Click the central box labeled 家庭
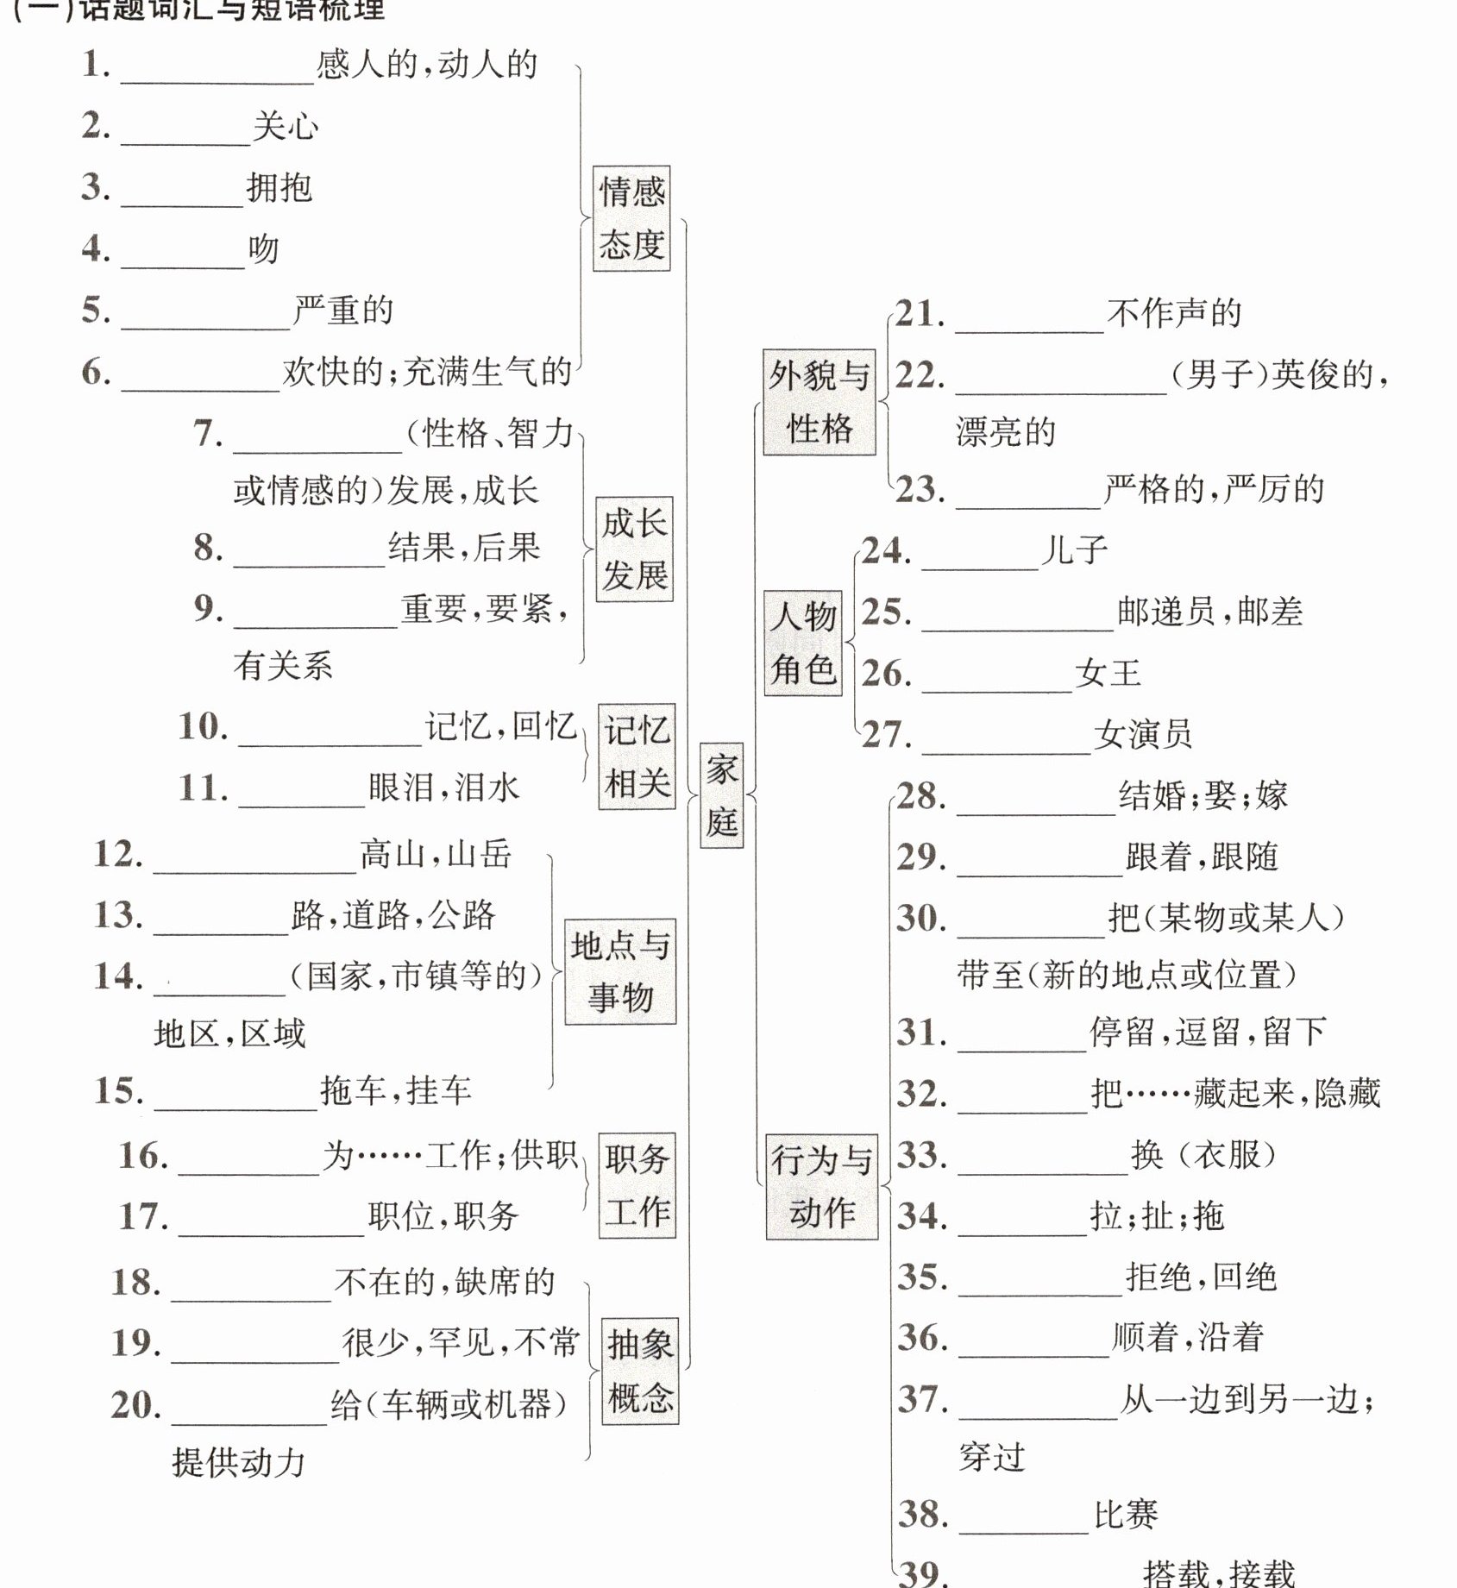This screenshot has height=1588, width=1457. (721, 794)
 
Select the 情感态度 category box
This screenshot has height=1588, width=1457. (631, 218)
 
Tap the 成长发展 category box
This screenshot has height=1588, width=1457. (634, 549)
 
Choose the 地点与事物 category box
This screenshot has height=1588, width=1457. (620, 971)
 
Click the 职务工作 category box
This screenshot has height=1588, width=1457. (637, 1185)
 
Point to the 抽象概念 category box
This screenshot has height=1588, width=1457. (640, 1371)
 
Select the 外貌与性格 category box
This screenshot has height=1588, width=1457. (819, 402)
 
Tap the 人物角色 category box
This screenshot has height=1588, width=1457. (803, 643)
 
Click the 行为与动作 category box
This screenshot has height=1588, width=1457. (821, 1187)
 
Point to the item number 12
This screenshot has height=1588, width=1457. (117, 854)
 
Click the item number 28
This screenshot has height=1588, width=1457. (920, 795)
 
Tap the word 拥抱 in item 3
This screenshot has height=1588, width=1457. (279, 187)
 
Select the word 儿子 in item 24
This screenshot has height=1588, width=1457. (1073, 550)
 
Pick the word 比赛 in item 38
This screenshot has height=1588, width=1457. (1126, 1514)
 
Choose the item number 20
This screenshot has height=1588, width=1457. (135, 1405)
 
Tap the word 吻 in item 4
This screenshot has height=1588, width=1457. (264, 249)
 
